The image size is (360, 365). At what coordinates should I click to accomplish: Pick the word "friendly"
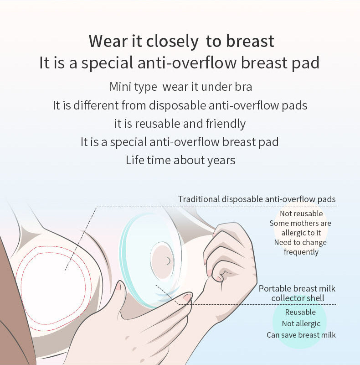coord(226,124)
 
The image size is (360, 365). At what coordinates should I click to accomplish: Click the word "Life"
coord(136,160)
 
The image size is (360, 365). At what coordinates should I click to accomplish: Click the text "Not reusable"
coord(301,214)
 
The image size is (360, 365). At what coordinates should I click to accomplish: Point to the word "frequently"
coord(301,252)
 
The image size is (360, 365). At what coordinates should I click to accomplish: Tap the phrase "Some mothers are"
coord(300,223)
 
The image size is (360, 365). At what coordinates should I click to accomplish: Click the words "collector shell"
coord(298,298)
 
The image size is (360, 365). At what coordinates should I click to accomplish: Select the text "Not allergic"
coord(301,323)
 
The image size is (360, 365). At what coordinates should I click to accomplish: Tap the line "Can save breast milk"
coord(301,335)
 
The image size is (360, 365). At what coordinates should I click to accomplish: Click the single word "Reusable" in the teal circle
coord(300,312)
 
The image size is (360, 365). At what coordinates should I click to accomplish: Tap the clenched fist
coord(228,255)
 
